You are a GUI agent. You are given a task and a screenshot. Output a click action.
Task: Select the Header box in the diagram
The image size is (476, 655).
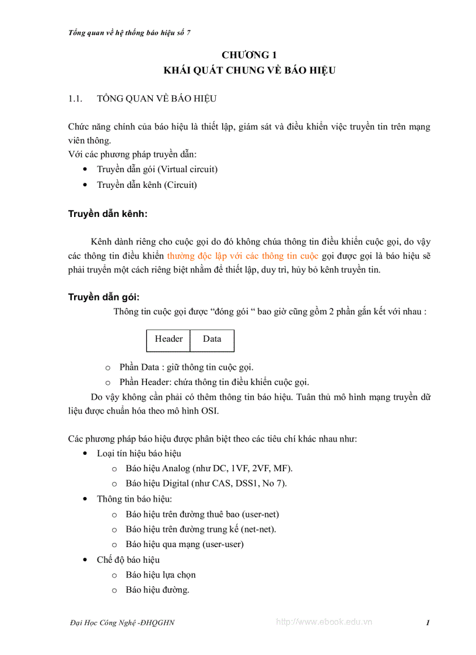tap(169, 339)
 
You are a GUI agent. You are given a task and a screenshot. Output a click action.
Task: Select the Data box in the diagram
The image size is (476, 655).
tap(212, 339)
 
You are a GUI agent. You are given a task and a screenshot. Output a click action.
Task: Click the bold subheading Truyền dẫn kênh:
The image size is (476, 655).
tap(108, 214)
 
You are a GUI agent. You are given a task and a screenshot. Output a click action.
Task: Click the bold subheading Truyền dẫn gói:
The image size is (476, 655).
tap(104, 297)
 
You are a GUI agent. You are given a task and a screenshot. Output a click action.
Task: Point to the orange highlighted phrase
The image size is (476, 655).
tap(243, 256)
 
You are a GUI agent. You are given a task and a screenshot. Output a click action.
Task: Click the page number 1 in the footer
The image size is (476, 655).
tap(428, 623)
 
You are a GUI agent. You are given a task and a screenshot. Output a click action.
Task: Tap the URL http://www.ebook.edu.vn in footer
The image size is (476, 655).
tap(324, 622)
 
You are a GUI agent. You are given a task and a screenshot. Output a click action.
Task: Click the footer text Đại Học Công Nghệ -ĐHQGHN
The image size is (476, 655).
tap(121, 623)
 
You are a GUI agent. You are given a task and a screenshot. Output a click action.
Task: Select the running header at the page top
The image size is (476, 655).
tap(129, 33)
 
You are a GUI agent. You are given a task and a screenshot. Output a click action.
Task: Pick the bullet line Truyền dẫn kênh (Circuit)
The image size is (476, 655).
tap(147, 185)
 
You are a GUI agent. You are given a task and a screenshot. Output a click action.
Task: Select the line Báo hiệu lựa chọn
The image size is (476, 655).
tap(160, 575)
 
